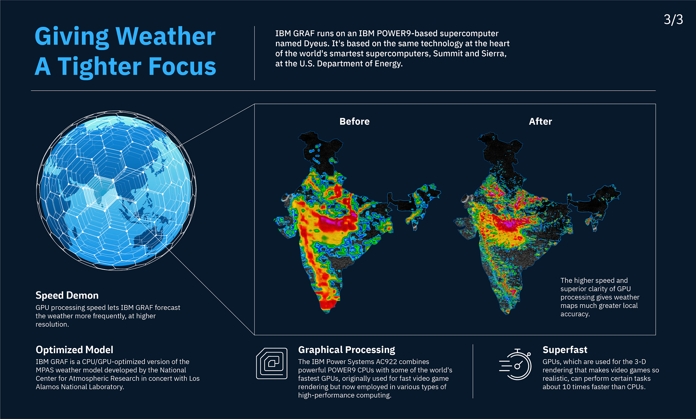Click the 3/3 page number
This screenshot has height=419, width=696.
tap(673, 19)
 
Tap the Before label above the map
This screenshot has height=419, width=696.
tap(354, 121)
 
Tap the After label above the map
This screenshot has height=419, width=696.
tap(540, 121)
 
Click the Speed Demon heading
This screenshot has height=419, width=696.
tap(67, 295)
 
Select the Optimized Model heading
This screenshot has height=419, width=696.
tap(75, 350)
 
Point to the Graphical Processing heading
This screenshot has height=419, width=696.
tap(347, 350)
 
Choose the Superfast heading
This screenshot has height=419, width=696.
tap(565, 350)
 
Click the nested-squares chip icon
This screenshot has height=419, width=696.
tap(272, 363)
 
